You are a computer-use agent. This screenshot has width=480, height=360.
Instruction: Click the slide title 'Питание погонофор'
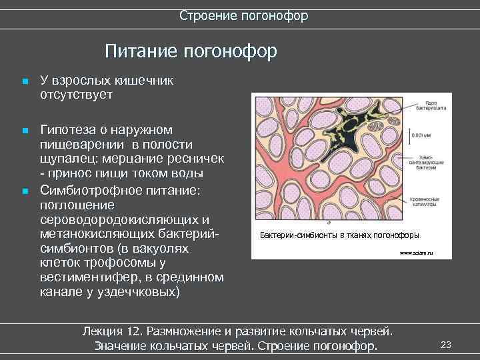[190, 51]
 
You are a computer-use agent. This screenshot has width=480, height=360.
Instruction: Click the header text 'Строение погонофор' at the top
[243, 15]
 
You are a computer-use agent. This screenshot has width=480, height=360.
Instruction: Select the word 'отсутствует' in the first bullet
[76, 95]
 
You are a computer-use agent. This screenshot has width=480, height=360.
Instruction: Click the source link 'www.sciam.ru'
[417, 254]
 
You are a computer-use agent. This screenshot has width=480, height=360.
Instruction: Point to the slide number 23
[446, 344]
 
